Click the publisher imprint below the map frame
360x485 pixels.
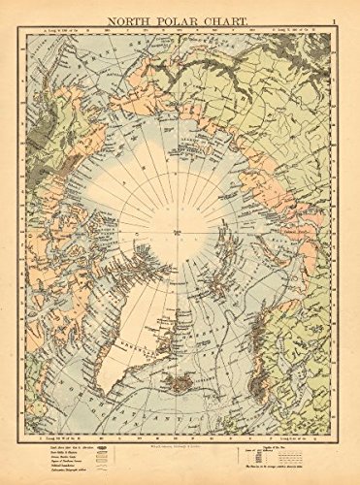pyautogui.click(x=180, y=452)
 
